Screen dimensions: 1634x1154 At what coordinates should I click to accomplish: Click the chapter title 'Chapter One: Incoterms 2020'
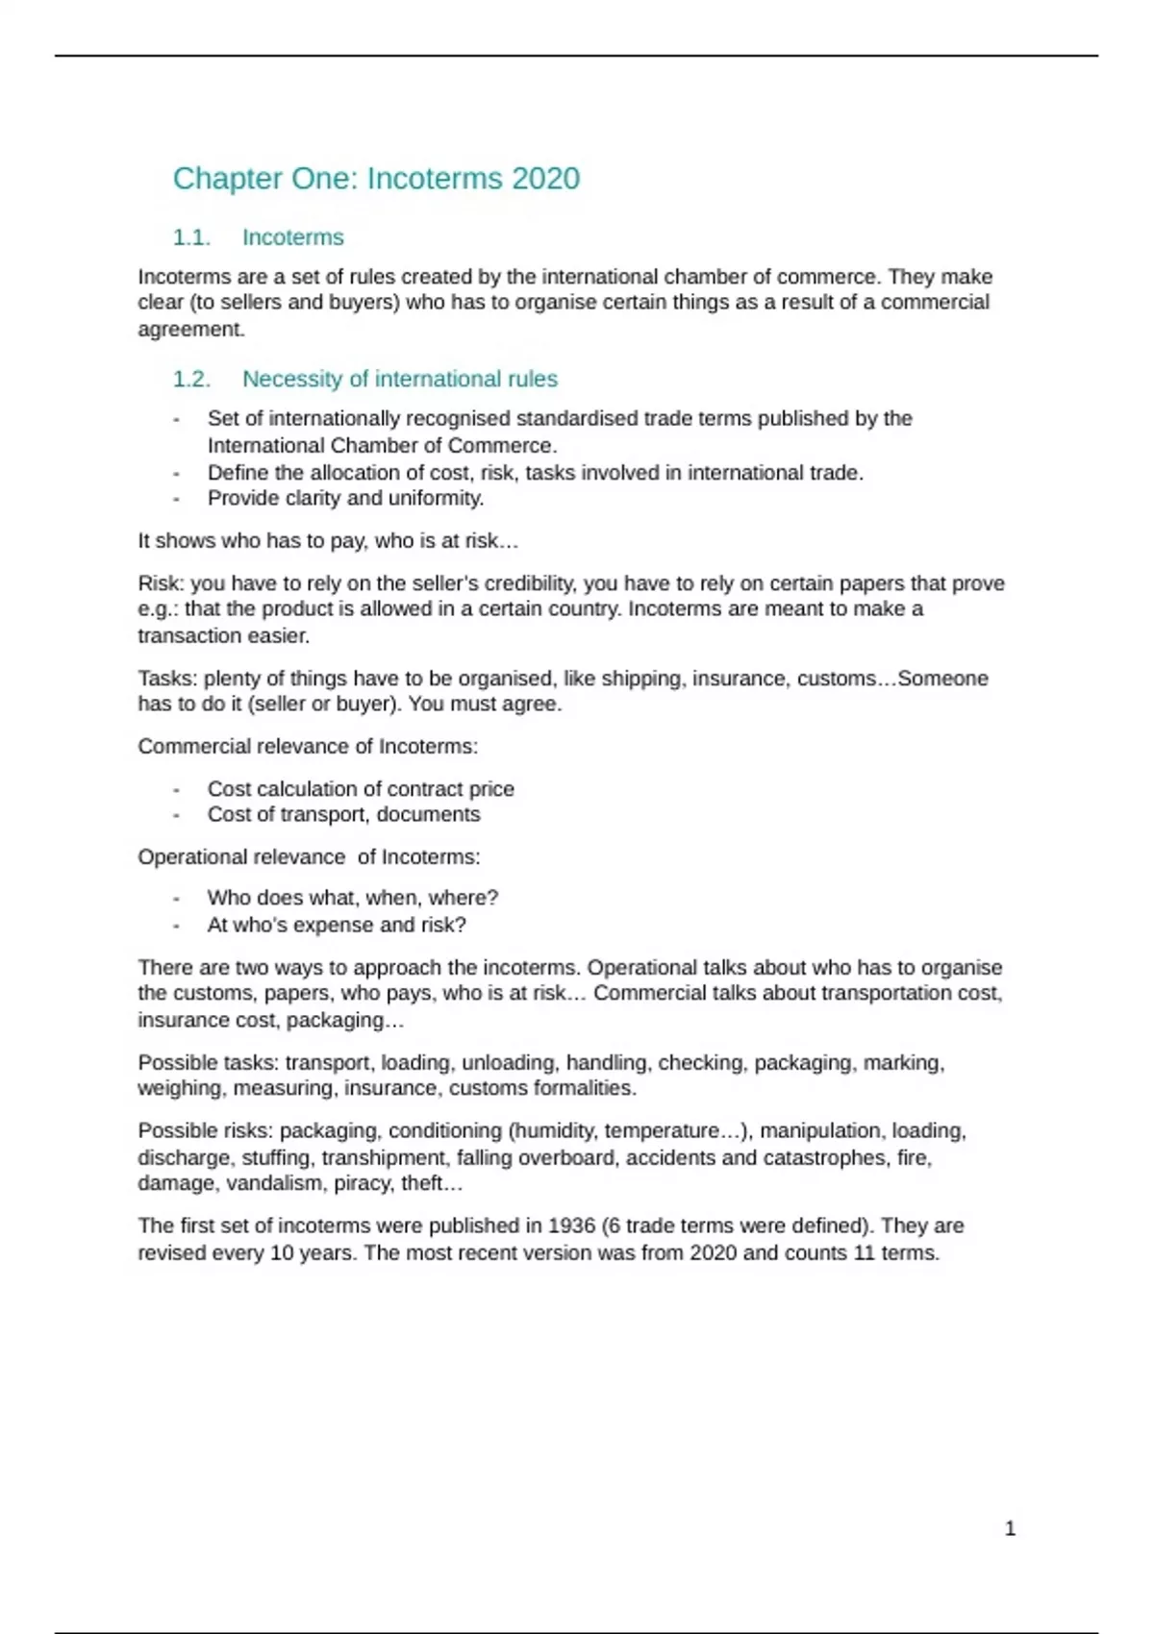376,179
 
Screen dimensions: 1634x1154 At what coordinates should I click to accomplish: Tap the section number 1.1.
191,237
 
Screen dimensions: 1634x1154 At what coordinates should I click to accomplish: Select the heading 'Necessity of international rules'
399,379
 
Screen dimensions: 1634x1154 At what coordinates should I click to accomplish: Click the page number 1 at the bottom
1010,1528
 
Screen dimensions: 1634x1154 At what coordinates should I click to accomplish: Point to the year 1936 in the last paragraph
571,1225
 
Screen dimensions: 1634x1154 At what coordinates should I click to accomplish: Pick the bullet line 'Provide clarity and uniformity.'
345,498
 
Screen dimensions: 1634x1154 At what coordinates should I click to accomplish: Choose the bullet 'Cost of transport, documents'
343,814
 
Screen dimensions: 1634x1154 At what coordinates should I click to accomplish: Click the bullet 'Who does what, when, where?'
352,898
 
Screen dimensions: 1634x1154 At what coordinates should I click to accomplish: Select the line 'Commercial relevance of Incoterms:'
308,746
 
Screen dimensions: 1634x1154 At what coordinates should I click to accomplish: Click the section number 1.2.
191,379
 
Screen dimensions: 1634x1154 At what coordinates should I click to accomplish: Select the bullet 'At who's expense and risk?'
337,925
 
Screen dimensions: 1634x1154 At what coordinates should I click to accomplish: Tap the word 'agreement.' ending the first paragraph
191,329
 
